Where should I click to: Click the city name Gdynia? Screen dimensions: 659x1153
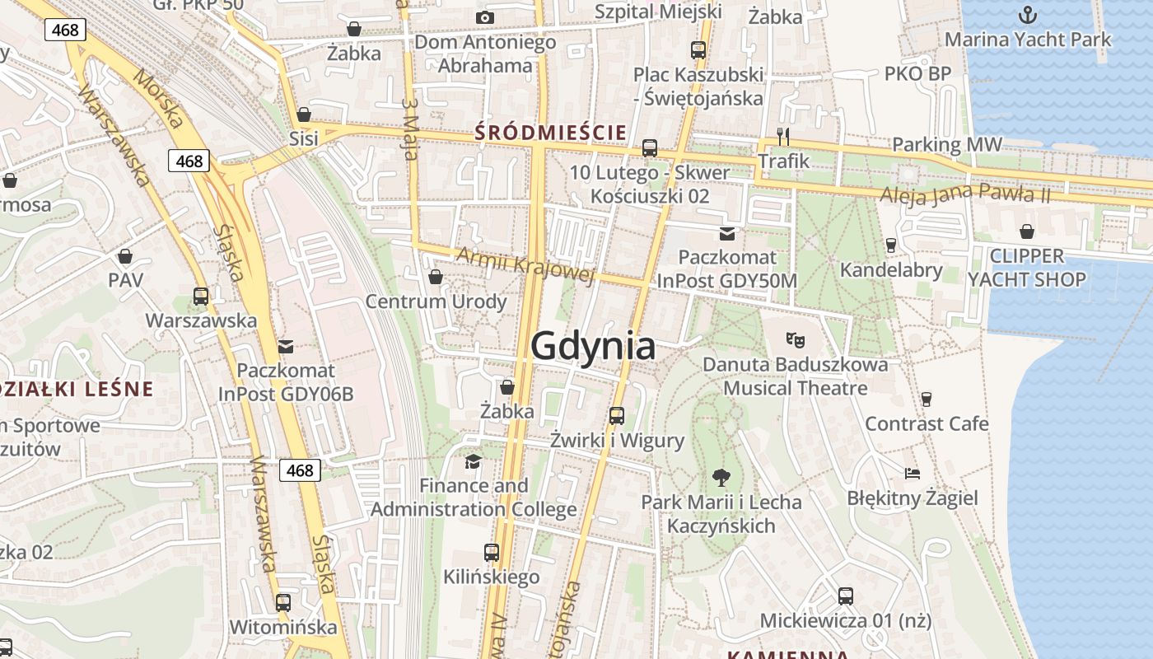593,346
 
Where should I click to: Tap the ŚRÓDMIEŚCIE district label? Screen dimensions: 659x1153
551,132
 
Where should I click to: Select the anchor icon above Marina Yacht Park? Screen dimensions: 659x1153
1027,15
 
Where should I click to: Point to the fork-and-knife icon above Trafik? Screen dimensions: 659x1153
783,136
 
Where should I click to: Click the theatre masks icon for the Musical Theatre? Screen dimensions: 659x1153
795,339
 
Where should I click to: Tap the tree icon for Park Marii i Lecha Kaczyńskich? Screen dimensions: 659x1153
721,477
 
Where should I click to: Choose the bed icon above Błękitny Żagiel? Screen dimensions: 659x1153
913,474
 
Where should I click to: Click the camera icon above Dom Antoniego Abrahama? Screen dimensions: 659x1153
485,17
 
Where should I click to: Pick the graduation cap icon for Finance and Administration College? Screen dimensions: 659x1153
473,461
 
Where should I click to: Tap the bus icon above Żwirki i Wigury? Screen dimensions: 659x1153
617,416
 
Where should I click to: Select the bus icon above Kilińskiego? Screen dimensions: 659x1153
492,552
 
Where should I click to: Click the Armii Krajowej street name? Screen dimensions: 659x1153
525,264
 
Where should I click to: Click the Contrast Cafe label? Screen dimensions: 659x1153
927,423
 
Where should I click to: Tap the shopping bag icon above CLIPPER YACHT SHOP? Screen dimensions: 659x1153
1026,231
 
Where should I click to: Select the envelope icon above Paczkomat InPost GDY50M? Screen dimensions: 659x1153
726,234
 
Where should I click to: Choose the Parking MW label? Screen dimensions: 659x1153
947,145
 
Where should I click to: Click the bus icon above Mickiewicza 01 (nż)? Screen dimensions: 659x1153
845,596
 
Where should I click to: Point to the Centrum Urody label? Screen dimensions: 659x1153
436,301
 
